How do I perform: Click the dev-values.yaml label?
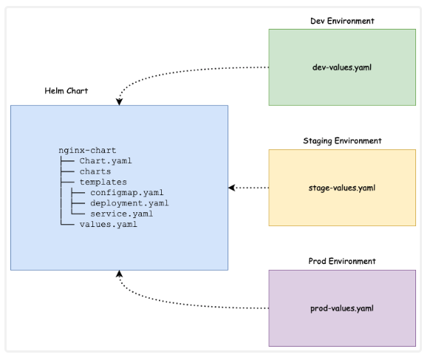click(x=341, y=67)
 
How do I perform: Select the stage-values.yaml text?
click(x=341, y=188)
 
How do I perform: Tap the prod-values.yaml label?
click(x=341, y=308)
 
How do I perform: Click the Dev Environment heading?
click(x=341, y=21)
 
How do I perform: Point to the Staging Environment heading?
click(x=341, y=140)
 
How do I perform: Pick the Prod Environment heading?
click(x=341, y=261)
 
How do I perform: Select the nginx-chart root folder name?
click(x=87, y=150)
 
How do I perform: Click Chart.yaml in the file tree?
click(x=106, y=160)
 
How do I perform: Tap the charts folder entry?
click(x=95, y=171)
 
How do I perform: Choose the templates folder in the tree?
click(x=103, y=182)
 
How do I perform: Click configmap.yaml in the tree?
click(x=127, y=192)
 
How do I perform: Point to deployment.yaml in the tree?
click(x=129, y=203)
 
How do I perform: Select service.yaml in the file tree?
click(x=121, y=214)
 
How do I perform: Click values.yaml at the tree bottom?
click(x=108, y=225)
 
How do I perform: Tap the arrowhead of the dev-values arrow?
click(x=120, y=101)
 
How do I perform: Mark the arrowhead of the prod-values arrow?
click(x=120, y=274)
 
